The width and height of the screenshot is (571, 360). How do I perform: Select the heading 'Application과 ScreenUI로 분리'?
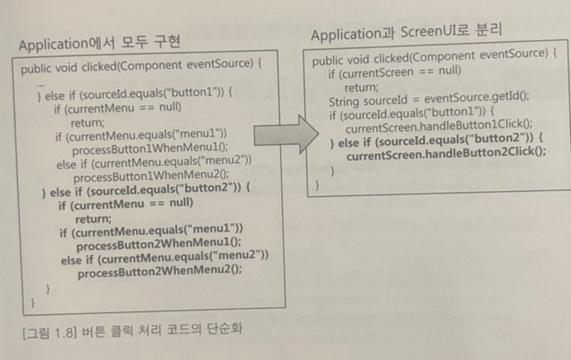coord(406,34)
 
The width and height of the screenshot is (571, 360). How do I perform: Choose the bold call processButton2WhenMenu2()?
coord(159,272)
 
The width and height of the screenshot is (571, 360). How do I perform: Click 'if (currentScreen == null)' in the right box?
coord(394,73)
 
